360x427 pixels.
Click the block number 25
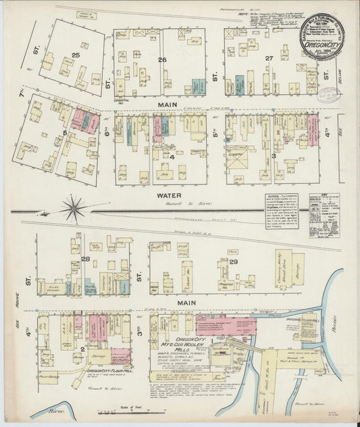(x=76, y=53)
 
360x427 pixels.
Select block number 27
(x=269, y=59)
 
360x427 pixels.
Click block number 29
(x=234, y=261)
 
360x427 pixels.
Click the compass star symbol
(x=72, y=207)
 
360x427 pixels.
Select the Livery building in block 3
(x=236, y=154)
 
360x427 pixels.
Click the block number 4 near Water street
(x=172, y=158)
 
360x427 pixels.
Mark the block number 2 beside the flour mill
(x=83, y=349)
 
